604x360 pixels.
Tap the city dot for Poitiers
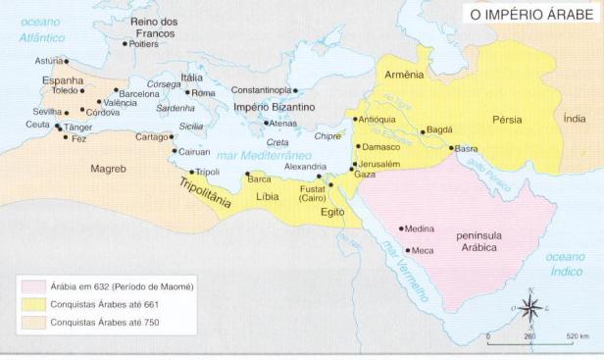(125, 44)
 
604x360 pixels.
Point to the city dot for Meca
(406, 250)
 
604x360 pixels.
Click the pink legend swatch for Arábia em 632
(34, 287)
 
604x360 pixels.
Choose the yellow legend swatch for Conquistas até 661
(34, 304)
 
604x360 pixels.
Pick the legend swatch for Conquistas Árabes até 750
(34, 321)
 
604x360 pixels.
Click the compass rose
(530, 309)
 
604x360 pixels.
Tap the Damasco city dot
(356, 146)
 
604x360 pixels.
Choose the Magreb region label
(109, 169)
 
